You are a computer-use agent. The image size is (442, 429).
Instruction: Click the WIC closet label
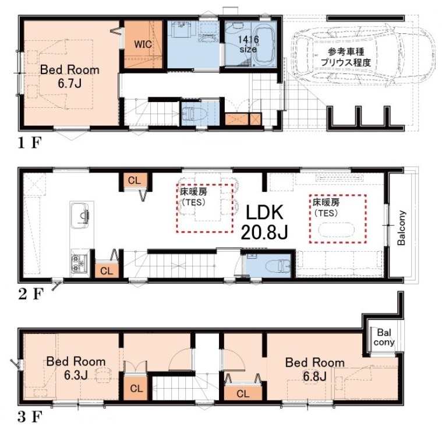click(143, 44)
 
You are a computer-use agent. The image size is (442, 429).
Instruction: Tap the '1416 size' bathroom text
click(248, 44)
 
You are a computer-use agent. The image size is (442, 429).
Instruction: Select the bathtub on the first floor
click(265, 45)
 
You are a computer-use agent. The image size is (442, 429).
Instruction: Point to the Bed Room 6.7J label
click(70, 76)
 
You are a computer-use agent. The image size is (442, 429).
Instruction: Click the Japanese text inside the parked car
click(346, 57)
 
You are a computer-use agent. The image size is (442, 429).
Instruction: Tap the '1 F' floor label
click(30, 143)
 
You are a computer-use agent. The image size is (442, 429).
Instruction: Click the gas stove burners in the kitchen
click(80, 263)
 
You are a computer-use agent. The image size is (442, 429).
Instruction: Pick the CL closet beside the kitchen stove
click(107, 271)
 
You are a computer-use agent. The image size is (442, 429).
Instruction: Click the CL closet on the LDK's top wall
click(134, 180)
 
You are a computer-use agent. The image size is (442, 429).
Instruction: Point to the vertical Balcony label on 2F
click(401, 227)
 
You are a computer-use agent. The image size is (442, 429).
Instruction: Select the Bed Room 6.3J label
click(76, 368)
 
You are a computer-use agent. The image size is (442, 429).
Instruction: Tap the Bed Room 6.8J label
click(315, 369)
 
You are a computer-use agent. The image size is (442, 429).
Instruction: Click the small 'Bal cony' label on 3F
click(384, 337)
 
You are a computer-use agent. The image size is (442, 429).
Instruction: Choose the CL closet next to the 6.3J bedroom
click(137, 389)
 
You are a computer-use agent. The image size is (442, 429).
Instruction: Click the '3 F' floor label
click(30, 417)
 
